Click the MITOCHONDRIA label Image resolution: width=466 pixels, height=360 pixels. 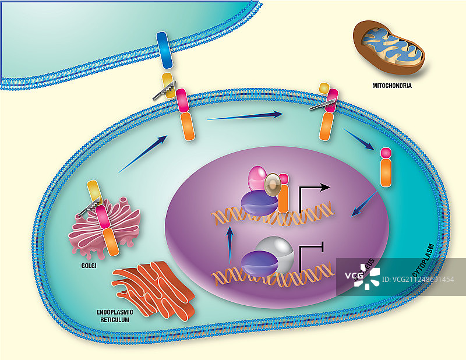click(x=392, y=86)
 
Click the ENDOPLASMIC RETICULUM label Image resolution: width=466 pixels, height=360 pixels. click(x=115, y=316)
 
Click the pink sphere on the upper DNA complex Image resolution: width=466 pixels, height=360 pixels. click(x=257, y=178)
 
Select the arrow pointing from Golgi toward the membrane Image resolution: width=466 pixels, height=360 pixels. click(x=143, y=154)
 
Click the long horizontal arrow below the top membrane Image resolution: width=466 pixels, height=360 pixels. click(x=245, y=116)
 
